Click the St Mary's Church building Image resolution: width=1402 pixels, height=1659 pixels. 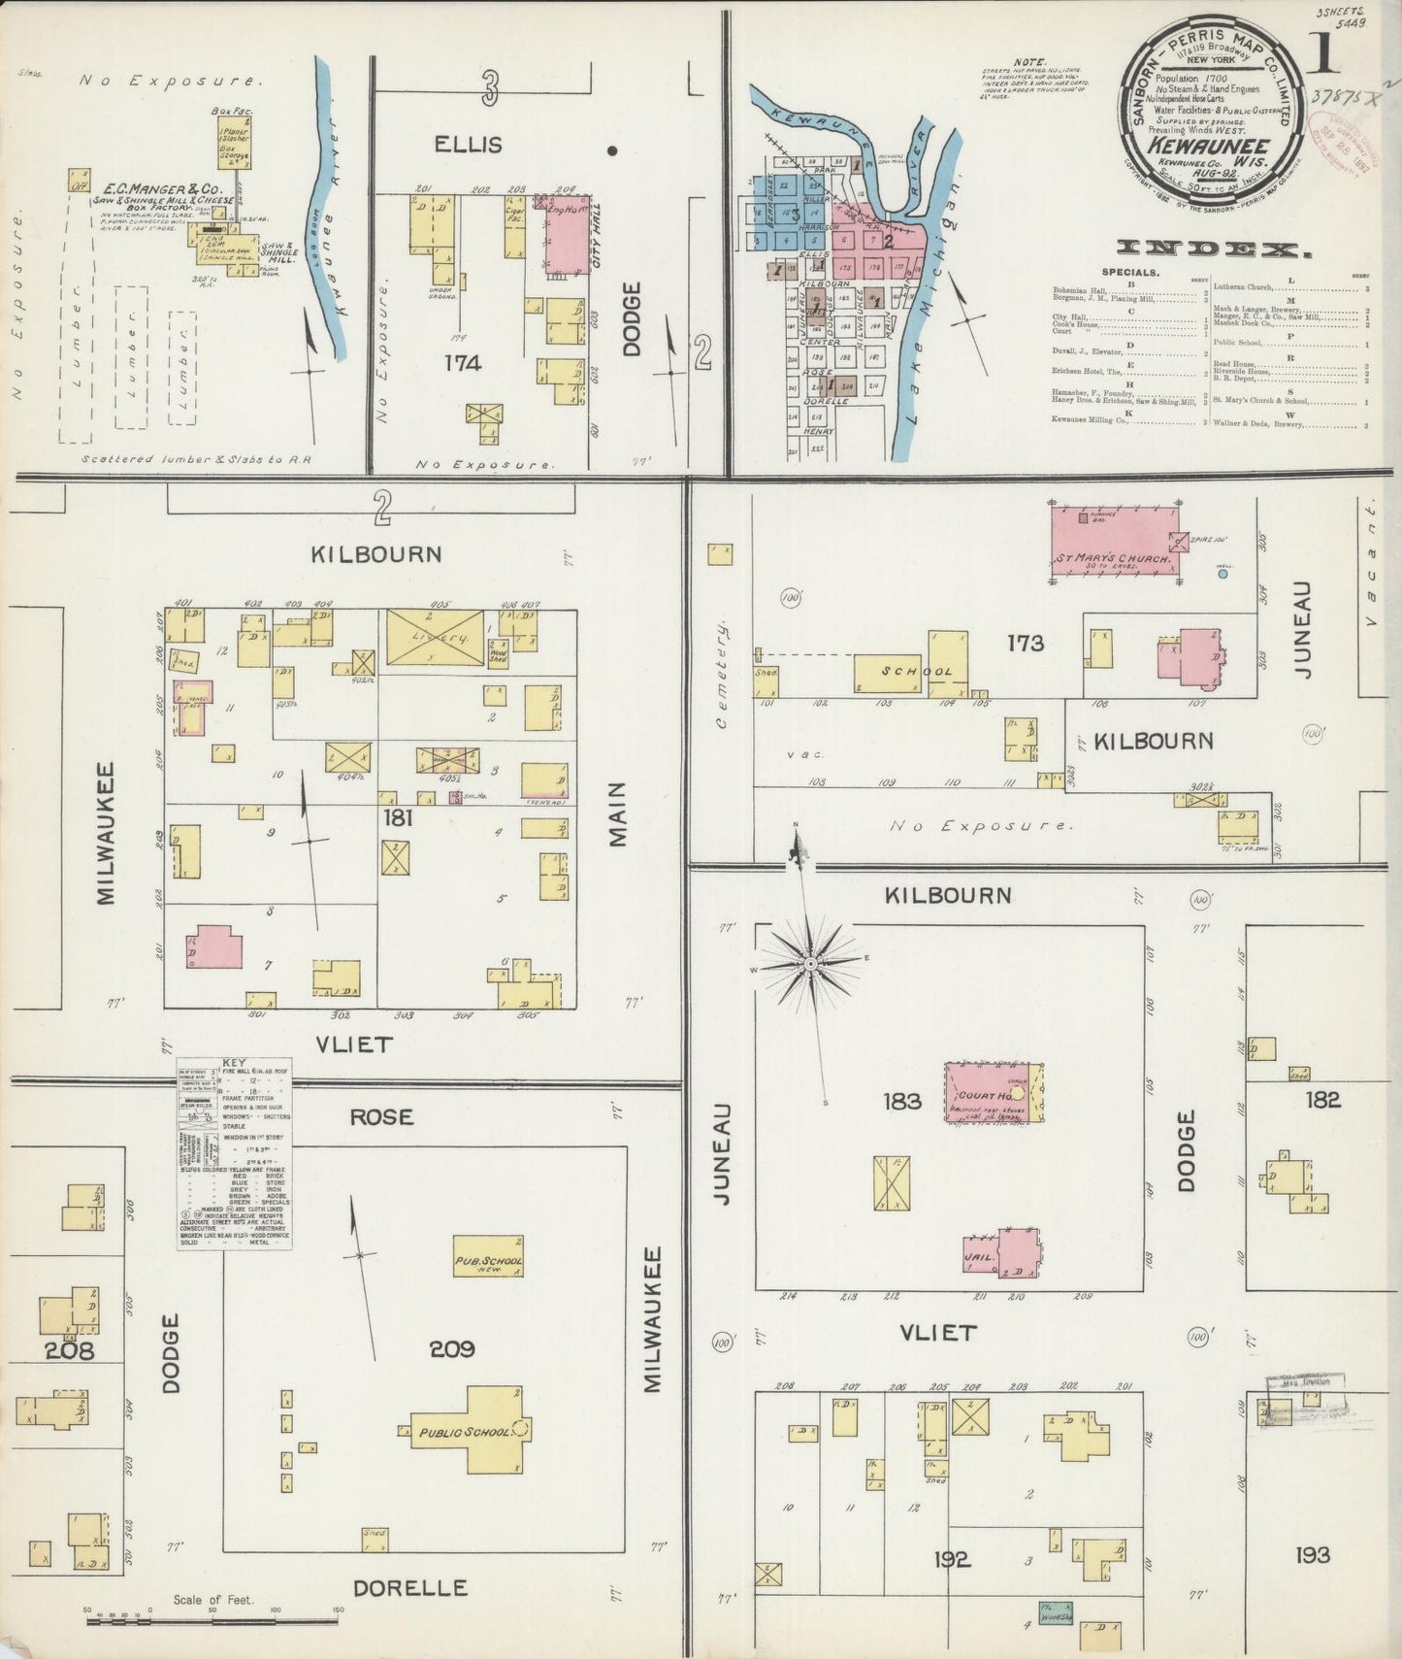(1116, 544)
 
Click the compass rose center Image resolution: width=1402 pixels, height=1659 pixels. (811, 964)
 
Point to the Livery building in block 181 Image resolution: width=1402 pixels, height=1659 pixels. (435, 638)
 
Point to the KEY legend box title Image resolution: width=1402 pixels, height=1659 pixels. (234, 1063)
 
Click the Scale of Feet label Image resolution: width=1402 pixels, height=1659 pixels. (212, 1599)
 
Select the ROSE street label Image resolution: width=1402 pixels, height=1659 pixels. (381, 1116)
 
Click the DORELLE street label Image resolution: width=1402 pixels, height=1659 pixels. (409, 1588)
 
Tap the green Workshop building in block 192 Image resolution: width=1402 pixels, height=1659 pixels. (1055, 1610)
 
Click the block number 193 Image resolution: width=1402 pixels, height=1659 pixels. (1312, 1555)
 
